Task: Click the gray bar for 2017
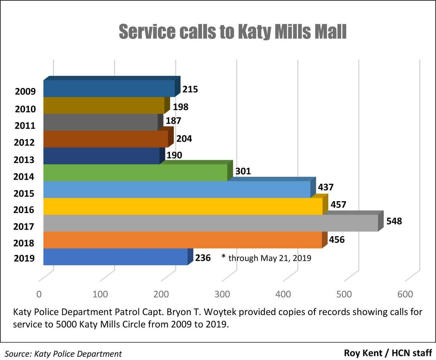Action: coord(211,223)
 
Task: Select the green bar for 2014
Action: coord(135,173)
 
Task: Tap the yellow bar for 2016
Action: coord(183,207)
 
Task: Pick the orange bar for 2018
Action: coord(182,240)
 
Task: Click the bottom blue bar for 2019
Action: coord(116,257)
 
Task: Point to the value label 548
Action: coord(394,221)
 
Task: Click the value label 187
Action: coord(173,121)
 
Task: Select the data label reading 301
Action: coord(243,171)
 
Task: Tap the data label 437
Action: coord(326,187)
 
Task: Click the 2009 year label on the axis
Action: coord(25,92)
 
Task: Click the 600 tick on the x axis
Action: coord(405,294)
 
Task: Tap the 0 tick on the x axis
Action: coord(39,294)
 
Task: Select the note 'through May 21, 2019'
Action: coord(269,258)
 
